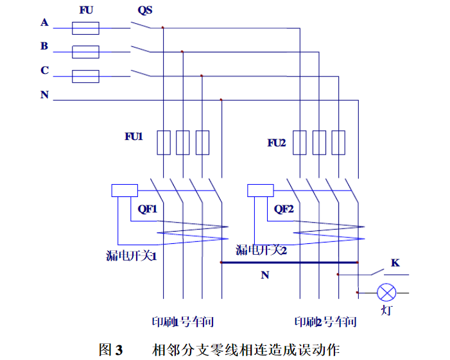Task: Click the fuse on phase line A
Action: tap(85, 28)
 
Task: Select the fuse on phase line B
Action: tap(85, 52)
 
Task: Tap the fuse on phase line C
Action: tap(85, 76)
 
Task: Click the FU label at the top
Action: tap(86, 10)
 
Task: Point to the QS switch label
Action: tap(145, 10)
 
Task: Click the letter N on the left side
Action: tap(44, 95)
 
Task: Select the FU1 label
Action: tap(134, 137)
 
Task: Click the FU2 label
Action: tap(277, 142)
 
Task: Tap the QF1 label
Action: tap(147, 209)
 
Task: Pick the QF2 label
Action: tap(284, 209)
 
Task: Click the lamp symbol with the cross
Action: tap(386, 293)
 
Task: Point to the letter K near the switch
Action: tap(395, 263)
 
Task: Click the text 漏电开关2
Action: tap(261, 250)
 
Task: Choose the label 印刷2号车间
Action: tap(325, 321)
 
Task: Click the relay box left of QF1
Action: tap(124, 191)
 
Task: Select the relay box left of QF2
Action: tap(260, 191)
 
